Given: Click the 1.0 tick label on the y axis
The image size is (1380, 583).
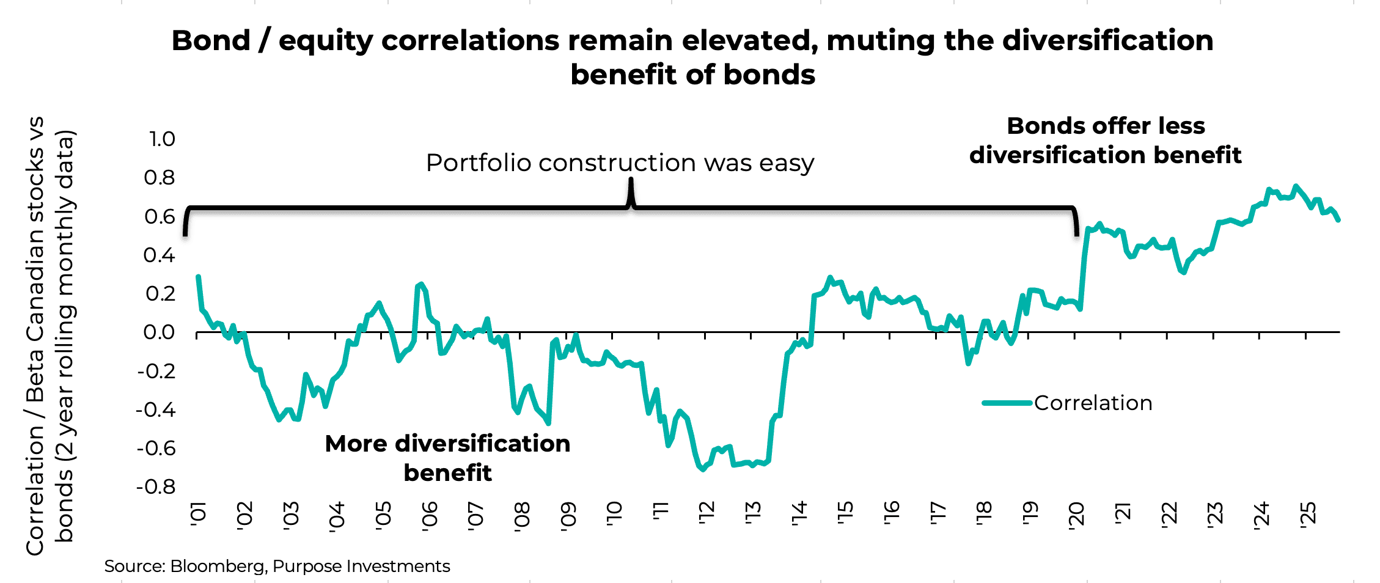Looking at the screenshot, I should (x=162, y=139).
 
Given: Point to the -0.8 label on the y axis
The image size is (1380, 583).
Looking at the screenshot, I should (x=156, y=487).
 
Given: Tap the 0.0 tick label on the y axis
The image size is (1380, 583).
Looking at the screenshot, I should (x=159, y=332).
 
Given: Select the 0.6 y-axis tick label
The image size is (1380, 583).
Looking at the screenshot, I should (x=160, y=217).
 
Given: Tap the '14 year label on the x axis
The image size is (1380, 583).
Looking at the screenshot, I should (x=799, y=513).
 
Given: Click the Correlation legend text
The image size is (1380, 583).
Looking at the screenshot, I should (x=1093, y=403).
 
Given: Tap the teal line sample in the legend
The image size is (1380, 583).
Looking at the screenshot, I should (x=1007, y=403).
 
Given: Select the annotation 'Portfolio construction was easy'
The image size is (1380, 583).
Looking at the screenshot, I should (x=620, y=163).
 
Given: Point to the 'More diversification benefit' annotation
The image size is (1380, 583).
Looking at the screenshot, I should (x=447, y=458).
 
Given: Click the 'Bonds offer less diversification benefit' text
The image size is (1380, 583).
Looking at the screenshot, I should (x=1105, y=141).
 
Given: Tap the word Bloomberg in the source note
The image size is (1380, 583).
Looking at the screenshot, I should (x=218, y=566).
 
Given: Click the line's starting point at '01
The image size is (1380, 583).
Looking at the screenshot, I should (x=198, y=277).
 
